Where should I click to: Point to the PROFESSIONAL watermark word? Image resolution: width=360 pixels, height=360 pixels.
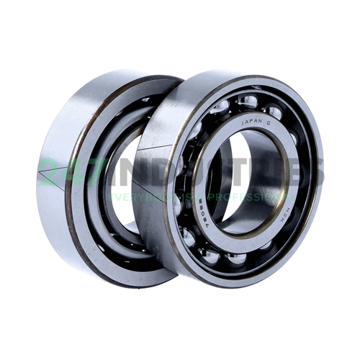252,196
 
